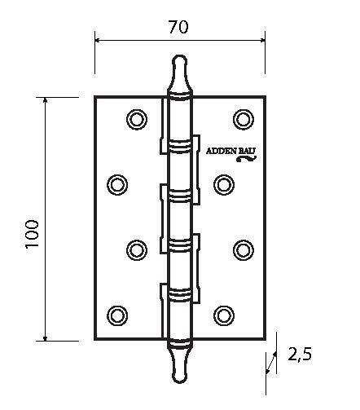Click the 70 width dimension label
(x=178, y=27)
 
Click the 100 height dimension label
(x=32, y=234)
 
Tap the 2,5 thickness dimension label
(x=300, y=355)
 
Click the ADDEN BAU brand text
(x=231, y=151)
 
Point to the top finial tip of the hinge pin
(x=180, y=55)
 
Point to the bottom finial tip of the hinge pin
(x=180, y=382)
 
